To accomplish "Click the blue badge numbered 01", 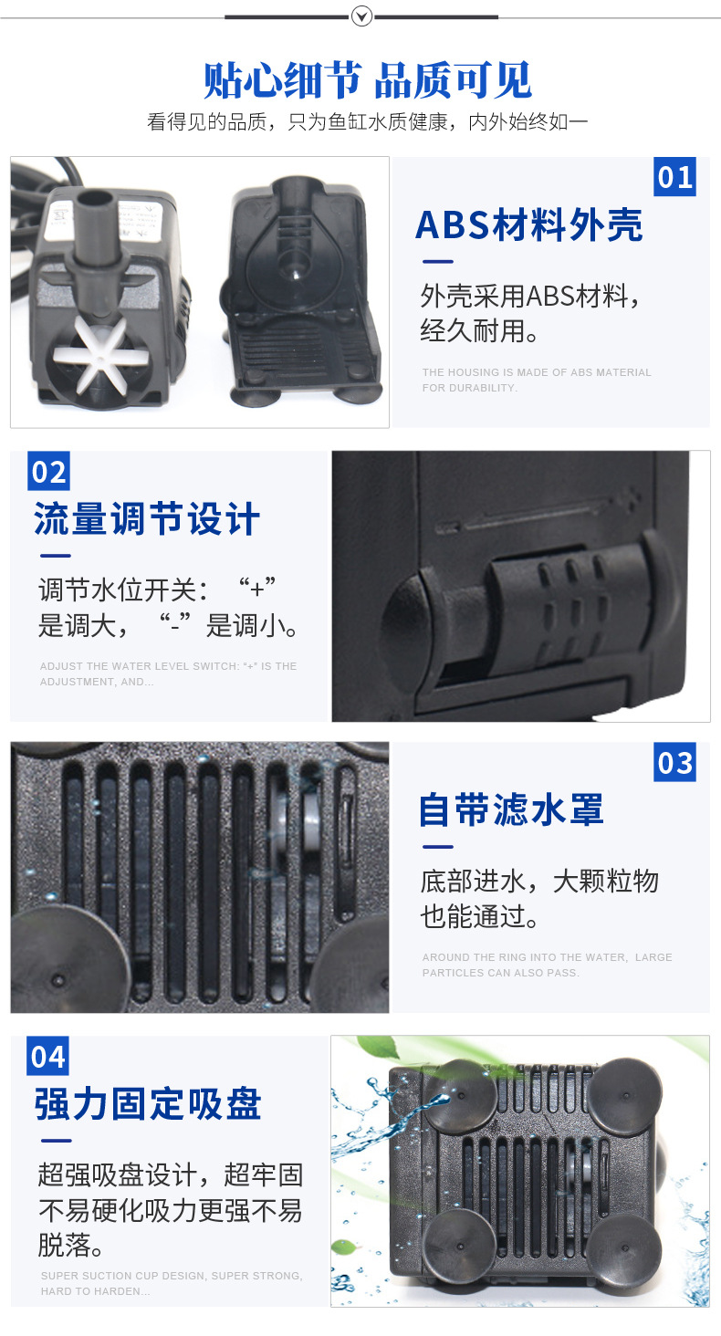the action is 674,176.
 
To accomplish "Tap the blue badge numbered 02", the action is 49,471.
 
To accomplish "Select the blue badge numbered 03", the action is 674,762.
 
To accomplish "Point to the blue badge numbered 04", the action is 47,1056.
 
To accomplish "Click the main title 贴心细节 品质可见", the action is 368,80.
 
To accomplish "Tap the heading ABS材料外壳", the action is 529,224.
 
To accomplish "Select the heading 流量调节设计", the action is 147,518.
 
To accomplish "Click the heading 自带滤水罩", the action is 511,810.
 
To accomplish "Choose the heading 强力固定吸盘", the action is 148,1104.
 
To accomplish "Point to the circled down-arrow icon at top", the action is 361,16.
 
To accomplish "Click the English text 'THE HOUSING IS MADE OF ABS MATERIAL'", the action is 537,372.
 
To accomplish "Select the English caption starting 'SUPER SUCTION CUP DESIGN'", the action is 172,1283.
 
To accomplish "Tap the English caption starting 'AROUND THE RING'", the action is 547,965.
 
